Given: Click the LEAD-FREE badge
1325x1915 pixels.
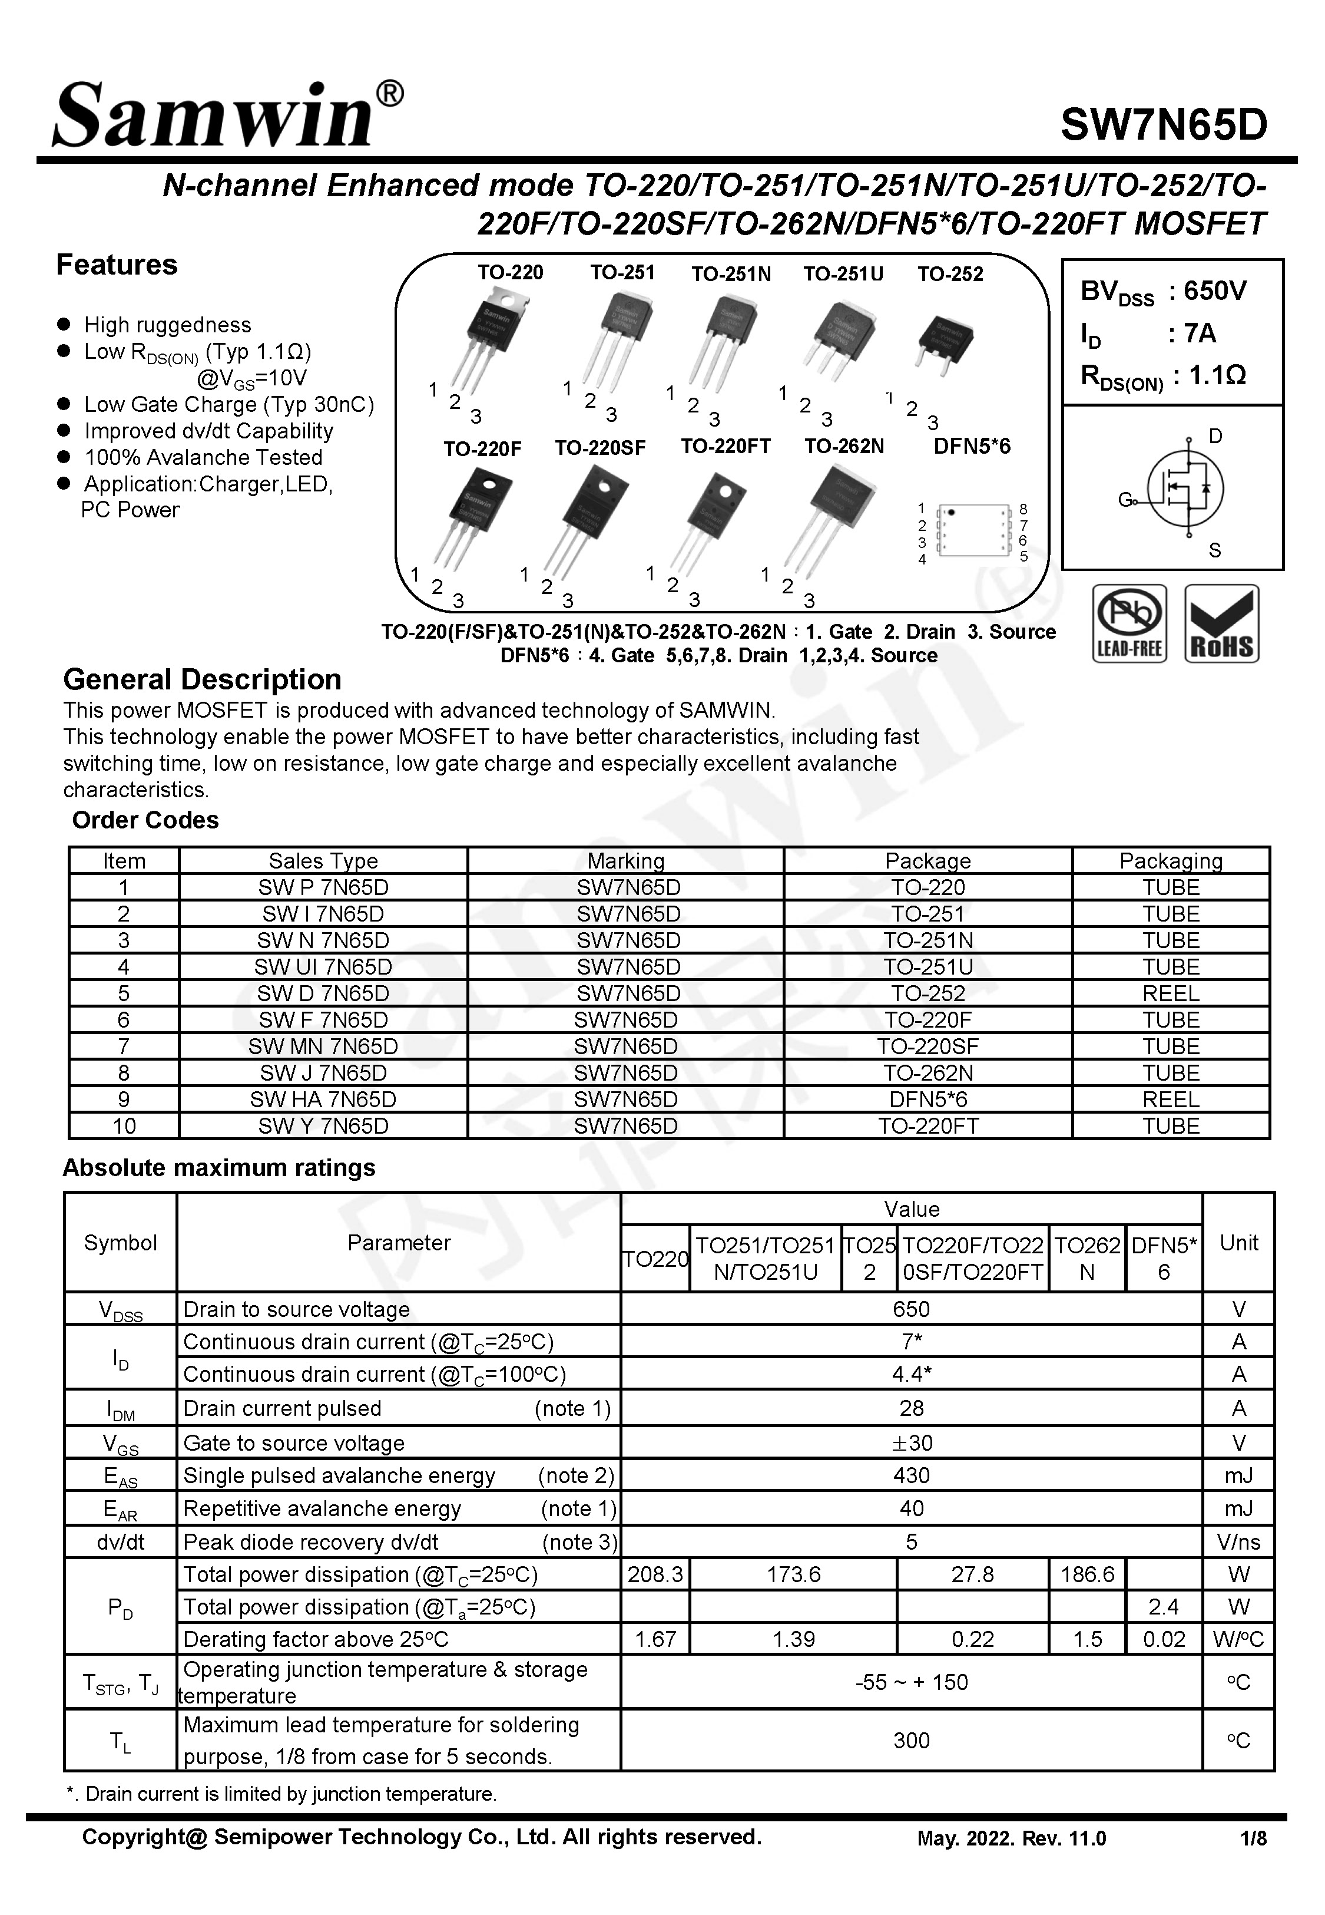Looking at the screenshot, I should (1129, 623).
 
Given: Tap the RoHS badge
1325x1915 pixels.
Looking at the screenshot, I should (1221, 623).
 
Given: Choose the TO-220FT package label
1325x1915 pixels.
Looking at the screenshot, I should (726, 447).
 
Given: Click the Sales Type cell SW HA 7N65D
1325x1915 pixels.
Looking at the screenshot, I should (323, 1100).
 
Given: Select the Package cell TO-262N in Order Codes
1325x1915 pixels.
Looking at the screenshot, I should (927, 1073).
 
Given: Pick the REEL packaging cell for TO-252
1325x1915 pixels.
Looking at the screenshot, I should (1171, 993).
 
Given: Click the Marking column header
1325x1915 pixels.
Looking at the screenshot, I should (625, 860).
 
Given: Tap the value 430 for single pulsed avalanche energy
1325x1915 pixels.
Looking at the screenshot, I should (911, 1475).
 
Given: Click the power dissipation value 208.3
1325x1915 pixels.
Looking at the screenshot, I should (655, 1574).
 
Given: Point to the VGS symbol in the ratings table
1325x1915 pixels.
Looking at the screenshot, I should (120, 1443).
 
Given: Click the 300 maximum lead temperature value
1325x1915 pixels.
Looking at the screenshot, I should (911, 1741).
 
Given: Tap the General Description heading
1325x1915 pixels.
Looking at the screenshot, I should (202, 679).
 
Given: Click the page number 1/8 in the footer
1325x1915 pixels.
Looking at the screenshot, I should (1253, 1838).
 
